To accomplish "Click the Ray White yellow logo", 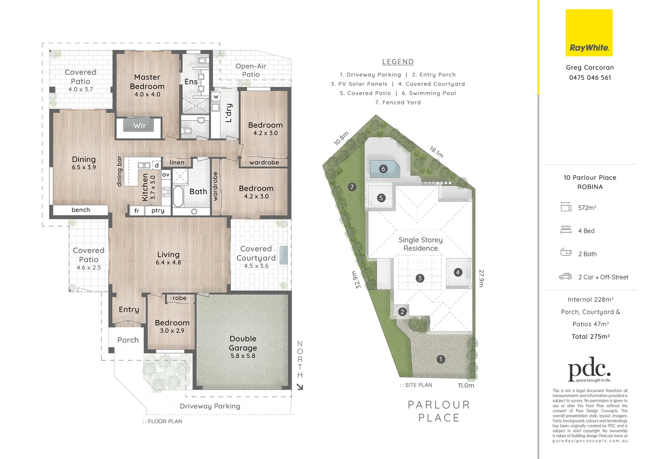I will click(589, 33).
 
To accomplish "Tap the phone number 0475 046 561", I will click(590, 77).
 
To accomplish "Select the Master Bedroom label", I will click(147, 82).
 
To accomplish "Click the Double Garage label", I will click(243, 343).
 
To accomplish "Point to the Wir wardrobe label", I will click(139, 126).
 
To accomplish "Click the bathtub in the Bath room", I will click(178, 196).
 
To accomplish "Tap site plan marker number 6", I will click(383, 169).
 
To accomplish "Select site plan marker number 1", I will click(440, 359).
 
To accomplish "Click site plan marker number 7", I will click(352, 187).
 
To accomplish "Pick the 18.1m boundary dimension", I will click(436, 152).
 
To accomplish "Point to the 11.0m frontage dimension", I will click(466, 385).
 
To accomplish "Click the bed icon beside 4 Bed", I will click(566, 230).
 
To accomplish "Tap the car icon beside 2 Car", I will click(565, 276).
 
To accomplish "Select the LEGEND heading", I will click(398, 62).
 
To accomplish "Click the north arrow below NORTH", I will click(300, 387).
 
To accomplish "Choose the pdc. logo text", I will click(589, 369).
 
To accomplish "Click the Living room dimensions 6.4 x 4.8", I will click(168, 263).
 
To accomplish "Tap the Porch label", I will click(128, 340).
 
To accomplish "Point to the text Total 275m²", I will click(590, 337).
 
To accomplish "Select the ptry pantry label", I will click(158, 210).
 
